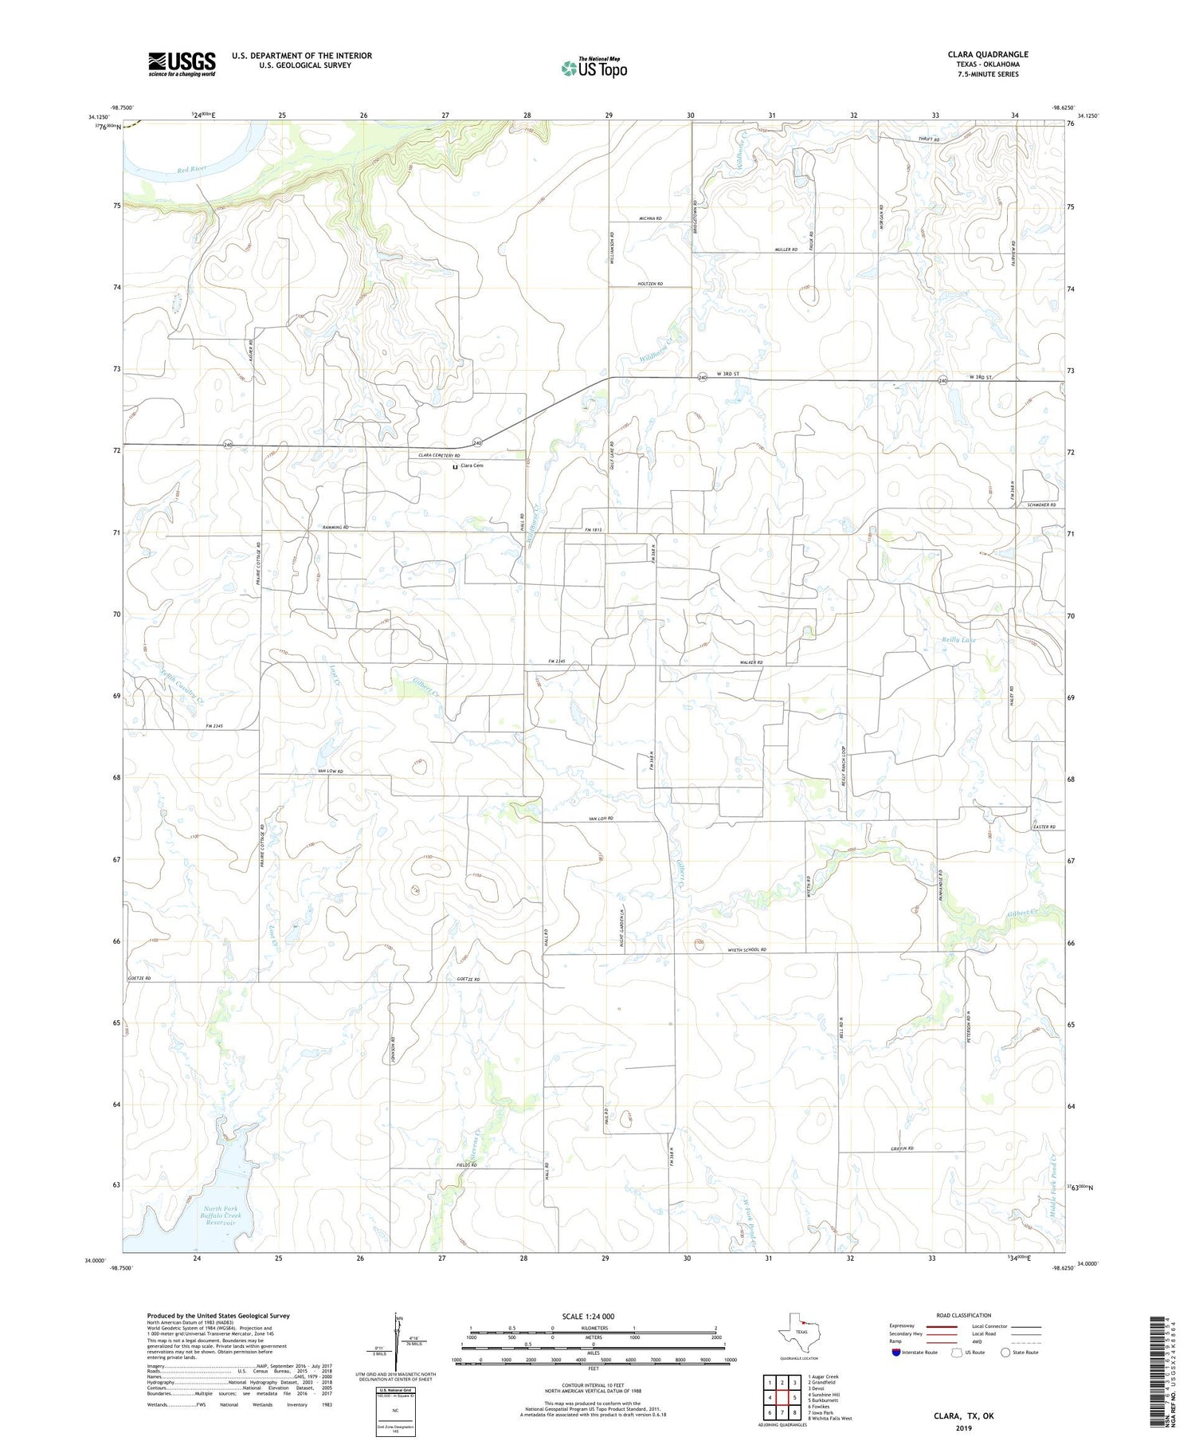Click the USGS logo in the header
point(182,64)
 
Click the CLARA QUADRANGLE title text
point(987,54)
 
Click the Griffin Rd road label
point(901,1149)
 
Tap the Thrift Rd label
point(929,139)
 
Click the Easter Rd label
point(1043,827)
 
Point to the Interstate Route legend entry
point(914,1352)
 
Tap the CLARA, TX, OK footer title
point(964,1416)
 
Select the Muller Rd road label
point(786,249)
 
